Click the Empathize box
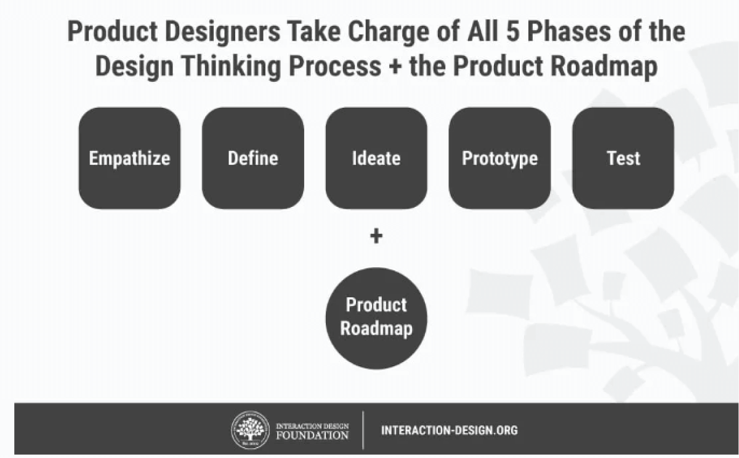(130, 158)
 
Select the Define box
(253, 158)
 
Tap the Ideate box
(376, 158)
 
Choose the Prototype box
(500, 158)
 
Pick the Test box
(623, 158)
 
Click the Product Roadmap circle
(376, 318)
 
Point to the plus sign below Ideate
(376, 236)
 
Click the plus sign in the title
(395, 66)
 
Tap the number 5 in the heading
(513, 31)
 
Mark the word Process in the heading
(335, 66)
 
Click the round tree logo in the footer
(251, 430)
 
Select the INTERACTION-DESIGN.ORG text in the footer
(450, 430)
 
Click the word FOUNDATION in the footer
(312, 435)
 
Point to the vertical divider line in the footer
(363, 430)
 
